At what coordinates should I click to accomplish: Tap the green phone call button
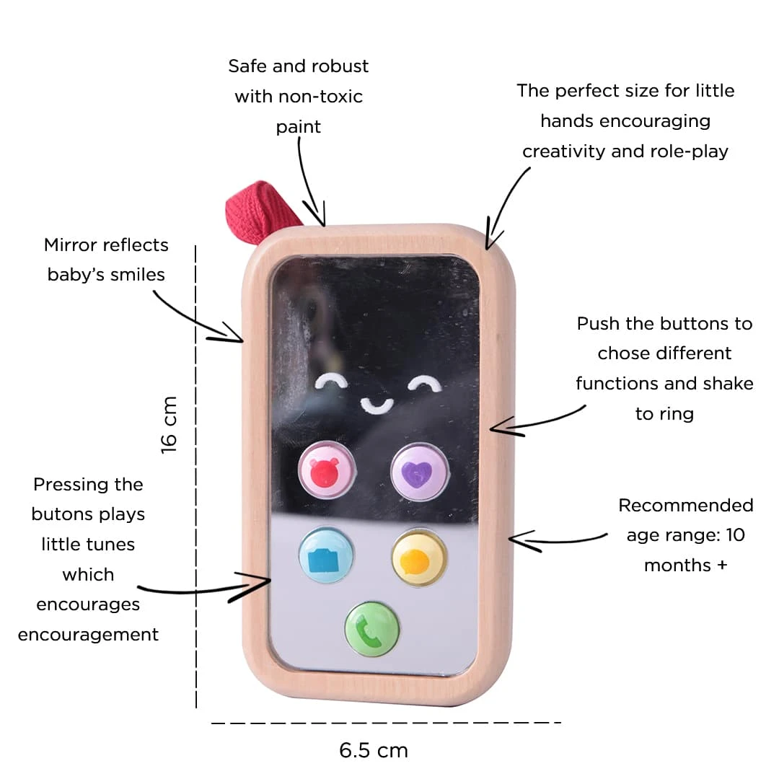click(x=372, y=630)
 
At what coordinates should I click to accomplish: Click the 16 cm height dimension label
click(x=169, y=424)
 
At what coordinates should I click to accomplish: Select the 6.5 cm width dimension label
click(x=374, y=750)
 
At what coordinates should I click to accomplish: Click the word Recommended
click(x=685, y=505)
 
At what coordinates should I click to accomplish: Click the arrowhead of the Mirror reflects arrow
click(x=241, y=337)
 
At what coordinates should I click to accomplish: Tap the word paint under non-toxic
click(x=298, y=127)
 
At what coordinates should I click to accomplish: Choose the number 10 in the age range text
click(x=734, y=535)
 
